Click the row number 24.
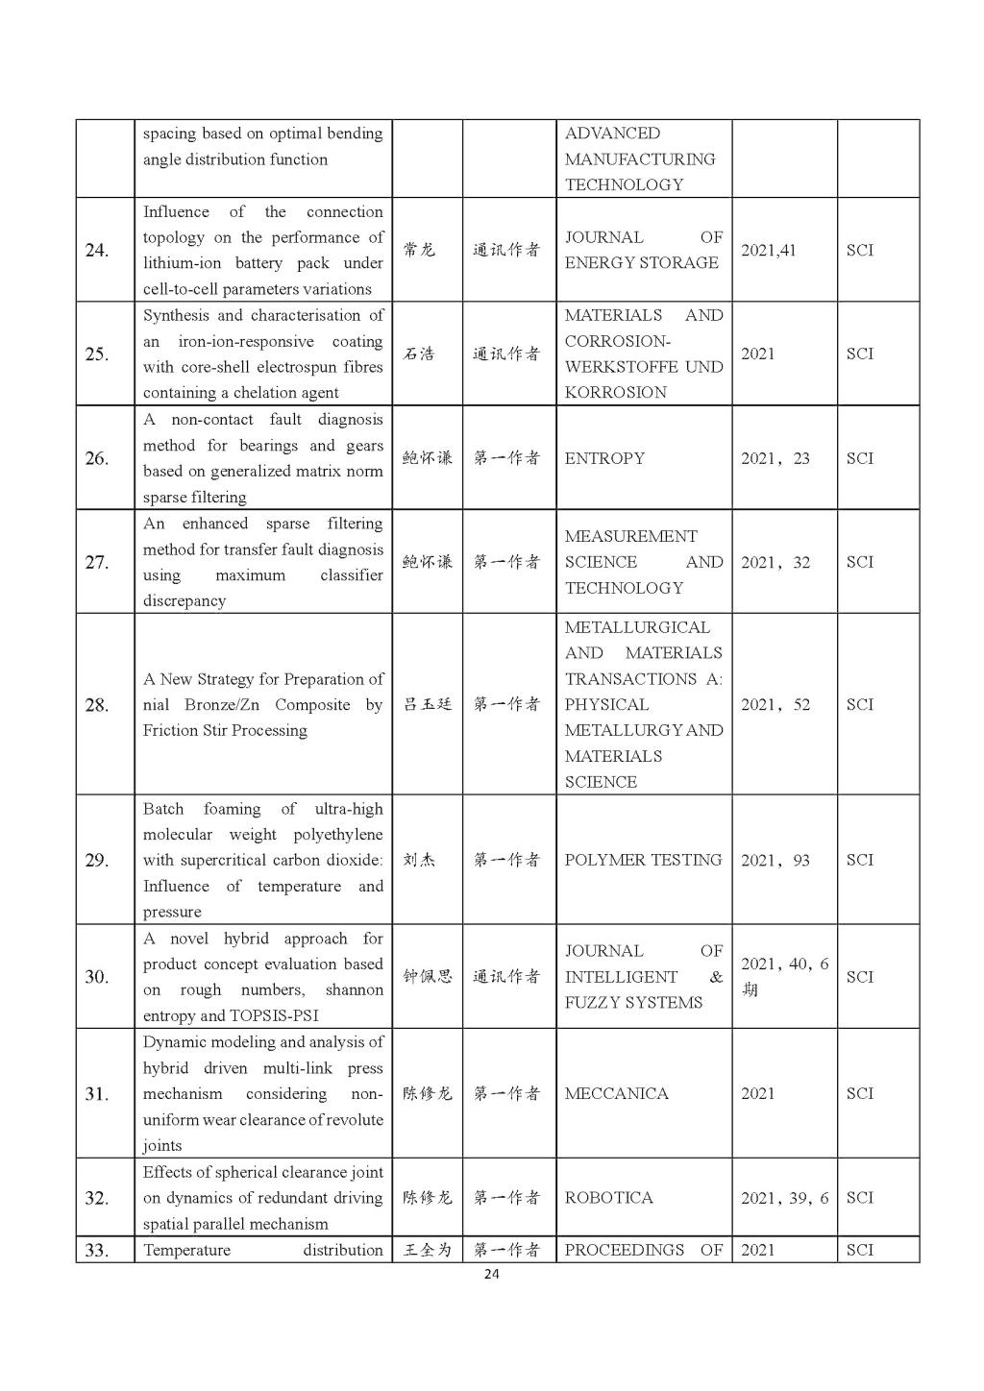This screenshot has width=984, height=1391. (x=97, y=251)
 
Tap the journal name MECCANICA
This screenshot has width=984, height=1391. (x=616, y=1093)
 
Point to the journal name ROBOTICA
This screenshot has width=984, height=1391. (x=608, y=1198)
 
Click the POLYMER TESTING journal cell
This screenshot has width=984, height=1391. (x=643, y=860)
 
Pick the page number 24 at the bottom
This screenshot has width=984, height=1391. (x=491, y=1275)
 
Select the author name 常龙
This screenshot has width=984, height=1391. (x=419, y=250)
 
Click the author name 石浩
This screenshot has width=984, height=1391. (x=419, y=354)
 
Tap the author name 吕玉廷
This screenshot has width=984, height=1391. (x=427, y=704)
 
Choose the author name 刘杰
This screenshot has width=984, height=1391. (x=419, y=860)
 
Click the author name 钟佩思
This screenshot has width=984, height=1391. (x=427, y=977)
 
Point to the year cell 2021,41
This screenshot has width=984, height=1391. (x=768, y=250)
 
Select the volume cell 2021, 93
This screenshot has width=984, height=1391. (x=775, y=860)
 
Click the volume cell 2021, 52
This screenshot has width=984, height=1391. (x=775, y=704)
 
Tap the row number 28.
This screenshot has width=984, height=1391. (x=97, y=705)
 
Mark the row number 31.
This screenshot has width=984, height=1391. (x=97, y=1094)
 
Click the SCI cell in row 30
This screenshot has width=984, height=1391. (x=860, y=977)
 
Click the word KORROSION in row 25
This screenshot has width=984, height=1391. (x=615, y=392)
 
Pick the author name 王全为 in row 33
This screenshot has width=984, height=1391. (x=427, y=1250)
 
